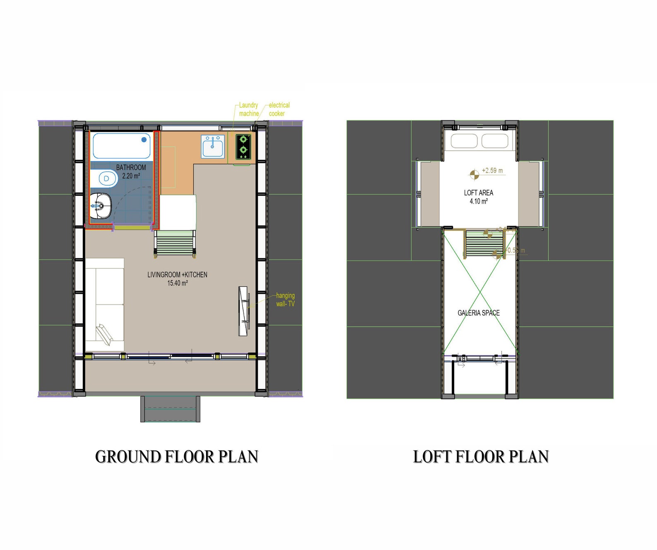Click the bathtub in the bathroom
tap(122, 146)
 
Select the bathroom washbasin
tap(101, 205)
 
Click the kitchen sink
tap(213, 146)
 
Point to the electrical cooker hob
tap(243, 147)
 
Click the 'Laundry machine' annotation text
tap(249, 110)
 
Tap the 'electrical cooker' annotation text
tap(279, 110)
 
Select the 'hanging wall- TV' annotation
tap(285, 300)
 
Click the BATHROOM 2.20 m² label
tap(131, 171)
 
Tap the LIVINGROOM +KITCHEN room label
tap(177, 279)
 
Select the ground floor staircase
tap(175, 243)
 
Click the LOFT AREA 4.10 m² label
tap(478, 197)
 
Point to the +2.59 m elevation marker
tap(474, 175)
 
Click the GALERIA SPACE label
tap(478, 313)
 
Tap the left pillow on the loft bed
tap(464, 141)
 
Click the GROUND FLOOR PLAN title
tap(177, 457)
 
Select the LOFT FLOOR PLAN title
tap(481, 457)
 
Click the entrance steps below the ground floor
tap(170, 409)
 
